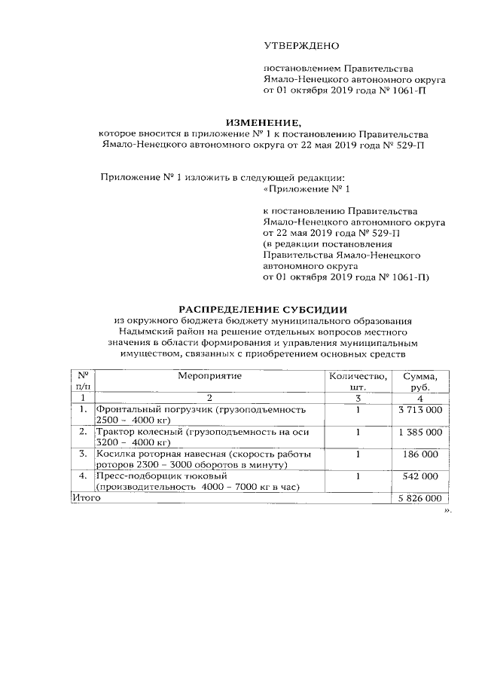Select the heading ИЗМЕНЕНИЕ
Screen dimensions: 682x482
coord(263,122)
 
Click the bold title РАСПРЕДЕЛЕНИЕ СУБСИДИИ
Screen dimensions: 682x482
coord(262,309)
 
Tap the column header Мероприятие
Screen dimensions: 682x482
coord(210,375)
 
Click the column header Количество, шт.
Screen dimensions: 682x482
coord(358,381)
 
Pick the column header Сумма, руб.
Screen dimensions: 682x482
coord(420,381)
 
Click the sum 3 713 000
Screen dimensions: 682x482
coord(419,410)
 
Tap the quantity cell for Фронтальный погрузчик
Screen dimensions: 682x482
coord(358,410)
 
